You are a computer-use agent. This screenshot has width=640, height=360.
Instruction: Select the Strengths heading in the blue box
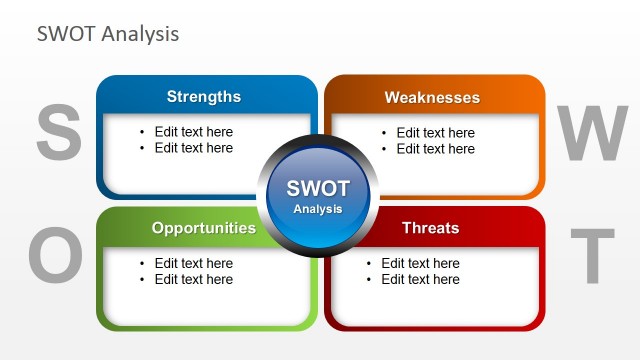point(203,97)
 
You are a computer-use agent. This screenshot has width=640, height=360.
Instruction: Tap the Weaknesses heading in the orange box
point(432,98)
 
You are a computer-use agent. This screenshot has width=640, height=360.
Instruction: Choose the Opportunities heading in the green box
point(203,228)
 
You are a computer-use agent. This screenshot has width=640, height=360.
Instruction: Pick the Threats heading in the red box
point(430,228)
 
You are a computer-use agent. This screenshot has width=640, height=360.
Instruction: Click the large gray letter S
point(59,135)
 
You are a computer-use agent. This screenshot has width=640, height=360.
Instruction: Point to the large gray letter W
point(592,135)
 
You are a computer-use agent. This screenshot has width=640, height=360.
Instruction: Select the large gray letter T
point(598,256)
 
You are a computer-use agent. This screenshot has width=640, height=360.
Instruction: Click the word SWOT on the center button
point(318,189)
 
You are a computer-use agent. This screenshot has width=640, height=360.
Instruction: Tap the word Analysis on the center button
point(318,209)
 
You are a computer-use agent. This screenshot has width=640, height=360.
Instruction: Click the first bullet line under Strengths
point(193,132)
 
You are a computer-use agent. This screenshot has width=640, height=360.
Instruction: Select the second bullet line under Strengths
point(193,148)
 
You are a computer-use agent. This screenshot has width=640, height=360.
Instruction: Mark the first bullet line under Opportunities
point(193,264)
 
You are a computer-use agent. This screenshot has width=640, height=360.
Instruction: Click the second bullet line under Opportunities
point(193,280)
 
